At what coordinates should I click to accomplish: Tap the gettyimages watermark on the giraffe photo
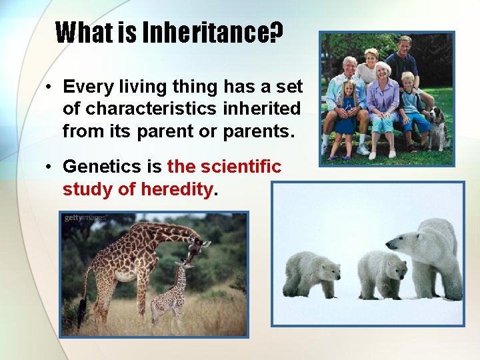[85, 218]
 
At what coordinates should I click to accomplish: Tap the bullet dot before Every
[49, 87]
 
